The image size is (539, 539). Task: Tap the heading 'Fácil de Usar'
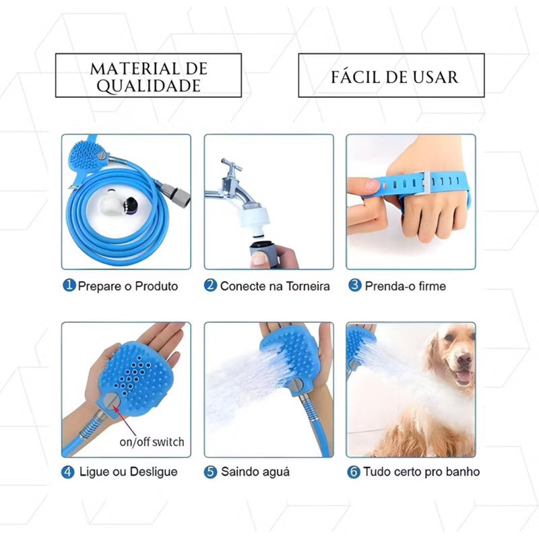[395, 77]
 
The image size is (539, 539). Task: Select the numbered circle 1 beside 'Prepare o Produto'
[69, 285]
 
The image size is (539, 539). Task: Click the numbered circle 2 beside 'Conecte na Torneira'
[210, 285]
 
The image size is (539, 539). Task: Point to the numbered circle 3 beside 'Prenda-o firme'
[355, 285]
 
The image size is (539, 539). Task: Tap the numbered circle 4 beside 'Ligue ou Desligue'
[68, 472]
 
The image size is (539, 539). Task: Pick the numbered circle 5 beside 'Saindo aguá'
[210, 472]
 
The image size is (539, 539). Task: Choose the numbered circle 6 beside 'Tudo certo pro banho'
[353, 472]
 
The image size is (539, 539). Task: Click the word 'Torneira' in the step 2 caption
[308, 286]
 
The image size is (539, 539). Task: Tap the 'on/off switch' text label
[152, 442]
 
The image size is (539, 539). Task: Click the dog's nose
[464, 360]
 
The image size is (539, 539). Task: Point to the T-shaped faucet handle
[231, 166]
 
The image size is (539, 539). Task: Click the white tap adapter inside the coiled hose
[110, 205]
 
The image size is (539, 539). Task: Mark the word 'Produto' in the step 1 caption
[156, 286]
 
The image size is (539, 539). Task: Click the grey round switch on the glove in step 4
[112, 402]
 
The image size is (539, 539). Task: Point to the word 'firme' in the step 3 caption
[432, 286]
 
